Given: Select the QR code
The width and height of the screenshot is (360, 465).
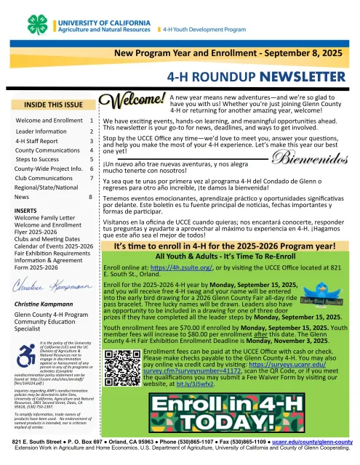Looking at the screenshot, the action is coord(121,365).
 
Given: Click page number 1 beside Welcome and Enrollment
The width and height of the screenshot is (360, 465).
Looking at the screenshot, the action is coord(90,119).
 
